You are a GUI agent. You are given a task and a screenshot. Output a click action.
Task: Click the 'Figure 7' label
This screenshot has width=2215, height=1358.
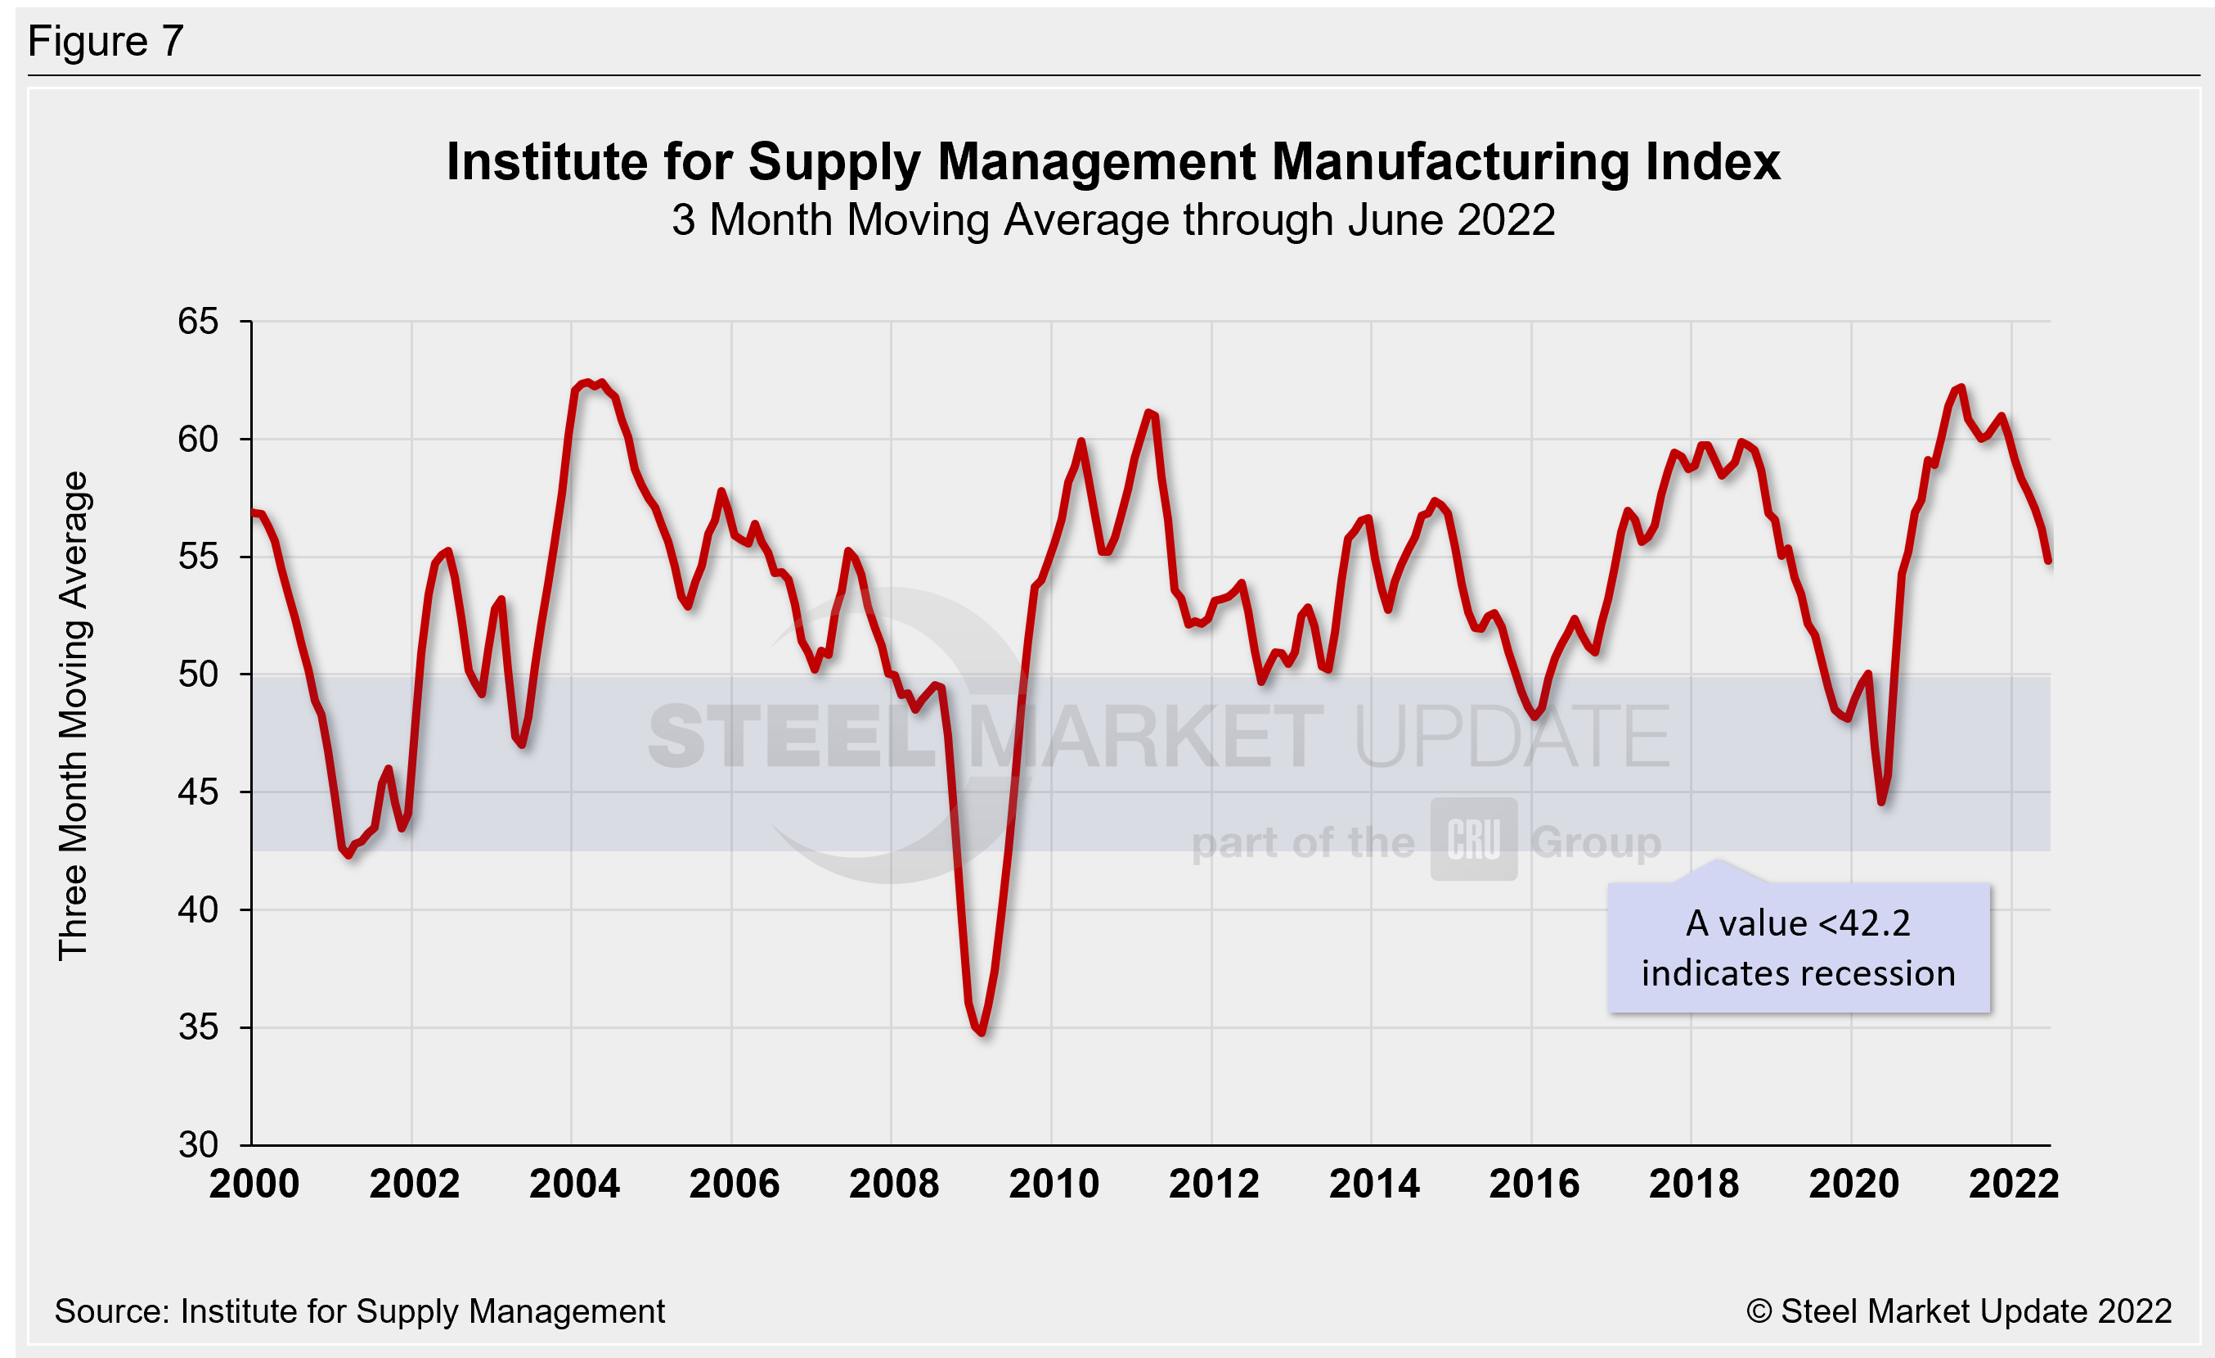coord(106,42)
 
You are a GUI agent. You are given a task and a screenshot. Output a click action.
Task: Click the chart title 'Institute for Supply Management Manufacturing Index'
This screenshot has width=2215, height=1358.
coord(1113,162)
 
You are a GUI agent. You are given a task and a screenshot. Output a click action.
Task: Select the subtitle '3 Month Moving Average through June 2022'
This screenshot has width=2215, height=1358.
coord(1113,220)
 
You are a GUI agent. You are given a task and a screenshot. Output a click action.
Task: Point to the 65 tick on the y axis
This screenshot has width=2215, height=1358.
coord(198,321)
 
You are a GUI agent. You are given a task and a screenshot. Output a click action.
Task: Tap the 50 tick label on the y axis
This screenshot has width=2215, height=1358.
coord(198,674)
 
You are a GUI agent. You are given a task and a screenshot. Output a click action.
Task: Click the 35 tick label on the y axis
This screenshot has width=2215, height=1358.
coord(198,1027)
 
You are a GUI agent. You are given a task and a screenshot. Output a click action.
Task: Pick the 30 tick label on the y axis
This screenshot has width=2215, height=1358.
coord(198,1145)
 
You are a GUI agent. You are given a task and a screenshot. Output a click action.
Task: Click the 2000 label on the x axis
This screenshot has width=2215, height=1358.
coord(254,1184)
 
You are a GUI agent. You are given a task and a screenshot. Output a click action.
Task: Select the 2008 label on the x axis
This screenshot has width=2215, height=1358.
coord(893,1184)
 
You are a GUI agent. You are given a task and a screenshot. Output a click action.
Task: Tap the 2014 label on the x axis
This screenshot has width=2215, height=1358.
coord(1373,1184)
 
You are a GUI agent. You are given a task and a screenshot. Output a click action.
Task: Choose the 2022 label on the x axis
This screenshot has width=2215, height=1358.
coord(2014,1184)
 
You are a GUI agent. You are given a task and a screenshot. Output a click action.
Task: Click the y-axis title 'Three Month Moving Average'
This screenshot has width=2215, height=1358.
coord(74,716)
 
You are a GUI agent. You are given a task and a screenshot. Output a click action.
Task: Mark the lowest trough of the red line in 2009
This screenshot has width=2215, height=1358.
coord(982,1032)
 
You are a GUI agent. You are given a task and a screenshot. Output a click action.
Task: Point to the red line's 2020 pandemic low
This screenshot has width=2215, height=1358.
coord(1881,801)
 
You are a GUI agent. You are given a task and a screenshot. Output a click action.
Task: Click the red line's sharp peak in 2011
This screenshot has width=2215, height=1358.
coord(1150,413)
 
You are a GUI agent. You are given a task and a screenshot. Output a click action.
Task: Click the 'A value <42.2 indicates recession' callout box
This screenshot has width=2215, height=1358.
coord(1798,948)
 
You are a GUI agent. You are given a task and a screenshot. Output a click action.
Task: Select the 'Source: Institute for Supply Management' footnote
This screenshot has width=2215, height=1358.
coord(360,1311)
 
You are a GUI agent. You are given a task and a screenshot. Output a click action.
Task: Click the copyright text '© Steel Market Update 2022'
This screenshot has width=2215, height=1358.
coord(1959,1311)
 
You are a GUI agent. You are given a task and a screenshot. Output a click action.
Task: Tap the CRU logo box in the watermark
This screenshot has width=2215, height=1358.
coord(1473,839)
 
